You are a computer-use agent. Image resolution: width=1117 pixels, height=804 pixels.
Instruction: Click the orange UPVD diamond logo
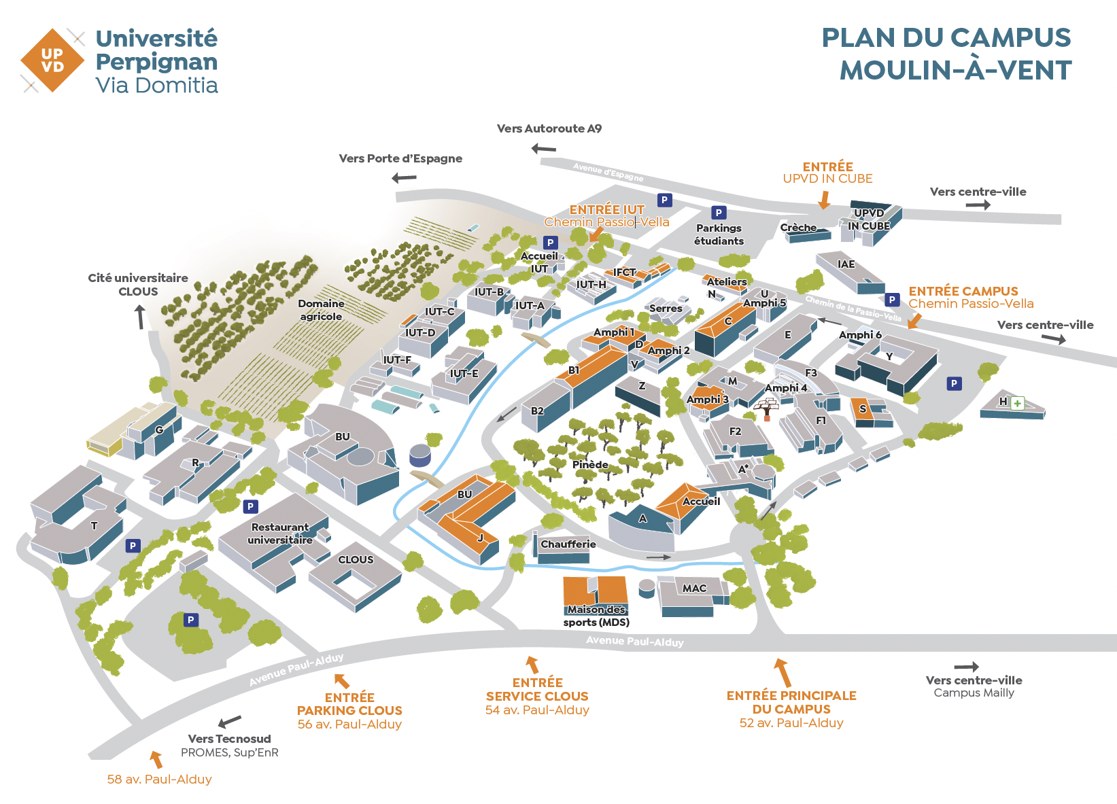(52, 60)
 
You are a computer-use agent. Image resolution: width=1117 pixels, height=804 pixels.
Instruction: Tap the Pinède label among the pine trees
(590, 465)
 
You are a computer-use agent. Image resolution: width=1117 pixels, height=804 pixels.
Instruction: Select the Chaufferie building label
(568, 544)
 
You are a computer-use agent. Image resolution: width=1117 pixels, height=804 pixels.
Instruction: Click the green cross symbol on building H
(1018, 403)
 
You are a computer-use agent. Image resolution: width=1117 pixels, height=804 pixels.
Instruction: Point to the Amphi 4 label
(786, 388)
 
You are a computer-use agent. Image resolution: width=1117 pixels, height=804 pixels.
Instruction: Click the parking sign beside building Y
(955, 384)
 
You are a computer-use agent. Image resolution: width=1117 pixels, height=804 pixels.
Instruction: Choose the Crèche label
(798, 228)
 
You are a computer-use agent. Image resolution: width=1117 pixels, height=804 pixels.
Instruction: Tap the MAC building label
(694, 589)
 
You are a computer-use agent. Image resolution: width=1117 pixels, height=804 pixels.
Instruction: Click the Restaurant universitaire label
(280, 534)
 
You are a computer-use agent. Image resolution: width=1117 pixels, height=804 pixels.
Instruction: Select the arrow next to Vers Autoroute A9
(544, 148)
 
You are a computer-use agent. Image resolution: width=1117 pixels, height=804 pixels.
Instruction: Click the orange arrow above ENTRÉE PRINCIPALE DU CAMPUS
(783, 672)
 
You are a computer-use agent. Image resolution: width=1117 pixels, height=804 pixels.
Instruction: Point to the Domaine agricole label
(321, 310)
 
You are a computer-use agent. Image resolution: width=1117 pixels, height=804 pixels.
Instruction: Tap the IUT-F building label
(397, 360)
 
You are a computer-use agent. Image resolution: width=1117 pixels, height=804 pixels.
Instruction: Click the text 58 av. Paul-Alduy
(159, 780)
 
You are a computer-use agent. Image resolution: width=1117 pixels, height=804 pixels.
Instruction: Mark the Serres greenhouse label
(666, 309)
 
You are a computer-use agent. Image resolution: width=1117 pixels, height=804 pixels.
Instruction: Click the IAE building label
(846, 264)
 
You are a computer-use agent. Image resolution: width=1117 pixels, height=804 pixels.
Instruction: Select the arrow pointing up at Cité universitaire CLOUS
(140, 317)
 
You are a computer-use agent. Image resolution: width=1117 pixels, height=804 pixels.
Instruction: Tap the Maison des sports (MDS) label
(596, 616)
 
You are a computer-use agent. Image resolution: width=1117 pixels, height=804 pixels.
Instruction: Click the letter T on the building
(94, 526)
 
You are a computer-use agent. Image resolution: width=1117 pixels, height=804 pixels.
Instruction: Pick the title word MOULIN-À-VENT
(955, 71)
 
